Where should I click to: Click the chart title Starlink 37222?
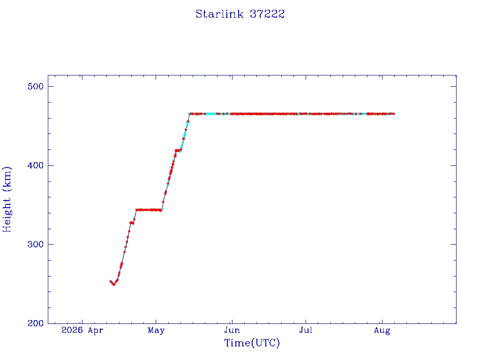tap(240, 14)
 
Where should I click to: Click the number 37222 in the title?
tap(267, 14)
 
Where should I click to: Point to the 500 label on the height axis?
tap(36, 87)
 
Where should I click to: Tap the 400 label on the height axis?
tap(36, 165)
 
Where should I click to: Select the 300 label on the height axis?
tap(36, 245)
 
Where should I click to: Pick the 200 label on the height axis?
tap(36, 323)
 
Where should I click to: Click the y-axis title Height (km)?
tap(7, 199)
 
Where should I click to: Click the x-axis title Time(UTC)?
tap(252, 343)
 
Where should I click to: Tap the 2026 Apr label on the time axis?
tap(82, 330)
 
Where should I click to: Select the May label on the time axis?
tap(156, 330)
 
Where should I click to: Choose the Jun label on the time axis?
tap(232, 330)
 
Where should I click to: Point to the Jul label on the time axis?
tap(306, 330)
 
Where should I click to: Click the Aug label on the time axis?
tap(382, 330)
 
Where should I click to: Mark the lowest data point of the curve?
tap(114, 285)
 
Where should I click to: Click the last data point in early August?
tap(393, 114)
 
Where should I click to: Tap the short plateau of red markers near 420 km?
tap(178, 150)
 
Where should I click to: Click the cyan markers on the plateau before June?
tap(211, 114)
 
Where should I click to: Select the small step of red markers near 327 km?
tap(132, 223)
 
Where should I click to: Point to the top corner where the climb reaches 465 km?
tap(189, 114)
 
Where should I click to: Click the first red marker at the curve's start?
tap(111, 281)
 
